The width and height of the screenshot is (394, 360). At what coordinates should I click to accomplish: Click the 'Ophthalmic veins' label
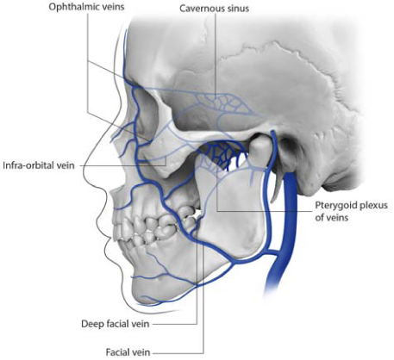pyautogui.click(x=86, y=7)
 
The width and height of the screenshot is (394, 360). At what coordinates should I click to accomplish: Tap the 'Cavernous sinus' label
pyautogui.click(x=215, y=9)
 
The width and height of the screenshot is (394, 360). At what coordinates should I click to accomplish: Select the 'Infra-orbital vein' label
pyautogui.click(x=39, y=165)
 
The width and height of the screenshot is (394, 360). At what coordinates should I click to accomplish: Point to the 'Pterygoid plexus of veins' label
pyautogui.click(x=351, y=211)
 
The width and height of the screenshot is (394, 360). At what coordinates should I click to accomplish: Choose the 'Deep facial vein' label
pyautogui.click(x=116, y=324)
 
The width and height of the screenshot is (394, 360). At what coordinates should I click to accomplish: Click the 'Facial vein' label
pyautogui.click(x=128, y=352)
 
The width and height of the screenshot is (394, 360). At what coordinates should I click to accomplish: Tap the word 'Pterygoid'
pyautogui.click(x=334, y=206)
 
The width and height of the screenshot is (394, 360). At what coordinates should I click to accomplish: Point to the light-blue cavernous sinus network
pyautogui.click(x=222, y=103)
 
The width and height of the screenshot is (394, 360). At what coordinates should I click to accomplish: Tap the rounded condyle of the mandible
pyautogui.click(x=260, y=148)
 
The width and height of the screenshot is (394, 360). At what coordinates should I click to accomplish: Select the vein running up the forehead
pyautogui.click(x=125, y=54)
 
